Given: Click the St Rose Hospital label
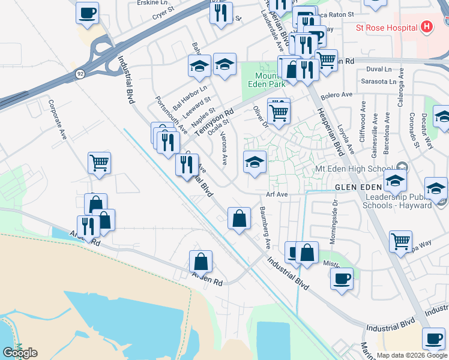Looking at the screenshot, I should [386, 28].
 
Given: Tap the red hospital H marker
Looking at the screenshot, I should [427, 27].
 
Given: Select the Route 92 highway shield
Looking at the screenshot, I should [79, 73].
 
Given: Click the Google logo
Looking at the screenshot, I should [20, 353].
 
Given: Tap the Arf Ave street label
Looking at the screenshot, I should [278, 194].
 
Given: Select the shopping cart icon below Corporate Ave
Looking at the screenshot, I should [99, 162].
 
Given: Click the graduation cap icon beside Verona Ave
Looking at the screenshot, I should [255, 162].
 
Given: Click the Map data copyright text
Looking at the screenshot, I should [411, 355].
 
